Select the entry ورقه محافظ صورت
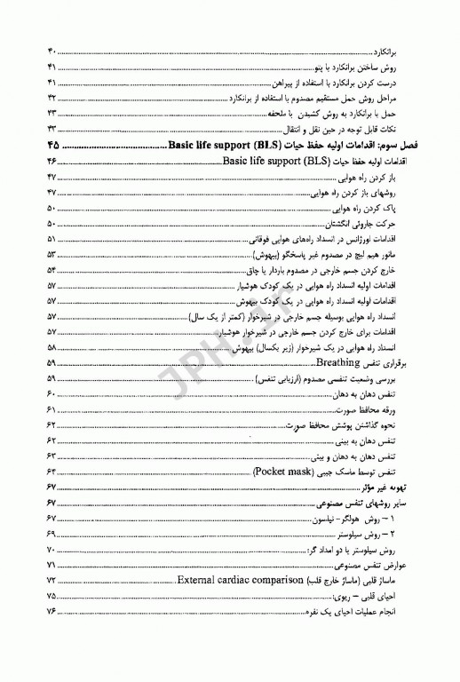391,408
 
